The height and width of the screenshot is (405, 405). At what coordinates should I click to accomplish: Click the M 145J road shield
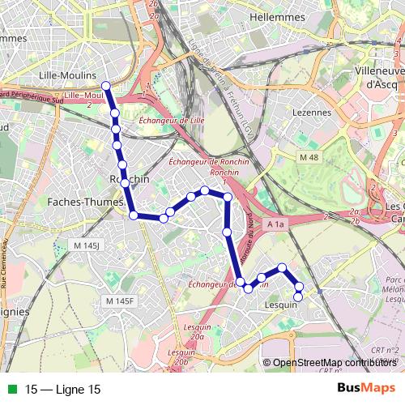pyautogui.click(x=85, y=244)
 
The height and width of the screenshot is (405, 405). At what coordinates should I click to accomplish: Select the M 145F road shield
pyautogui.click(x=120, y=301)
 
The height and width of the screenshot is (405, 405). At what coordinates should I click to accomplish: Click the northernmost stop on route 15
pyautogui.click(x=105, y=85)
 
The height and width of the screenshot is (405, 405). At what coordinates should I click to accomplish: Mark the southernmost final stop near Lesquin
pyautogui.click(x=298, y=296)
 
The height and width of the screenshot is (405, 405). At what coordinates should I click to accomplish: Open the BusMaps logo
pyautogui.click(x=367, y=388)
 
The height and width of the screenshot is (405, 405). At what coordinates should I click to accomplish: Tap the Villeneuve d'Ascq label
pyautogui.click(x=380, y=77)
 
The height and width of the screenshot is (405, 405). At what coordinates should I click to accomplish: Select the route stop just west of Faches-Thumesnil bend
pyautogui.click(x=133, y=215)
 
